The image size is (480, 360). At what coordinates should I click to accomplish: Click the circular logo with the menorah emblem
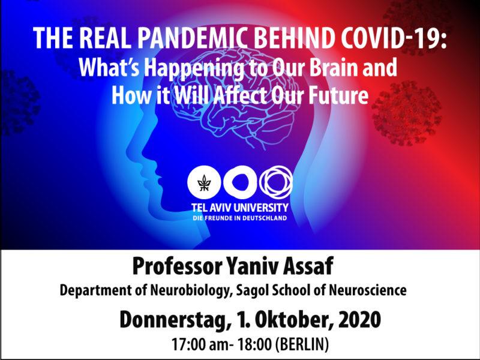(203, 182)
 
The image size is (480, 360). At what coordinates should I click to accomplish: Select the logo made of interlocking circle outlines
(276, 182)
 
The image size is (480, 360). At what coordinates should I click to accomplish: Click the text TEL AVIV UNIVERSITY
(239, 208)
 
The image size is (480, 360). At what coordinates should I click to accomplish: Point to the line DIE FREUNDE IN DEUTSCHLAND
(239, 218)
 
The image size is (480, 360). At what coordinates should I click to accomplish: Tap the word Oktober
(287, 320)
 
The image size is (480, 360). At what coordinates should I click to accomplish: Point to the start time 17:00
(188, 344)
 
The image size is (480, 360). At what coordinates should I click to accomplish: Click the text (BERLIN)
(302, 344)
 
